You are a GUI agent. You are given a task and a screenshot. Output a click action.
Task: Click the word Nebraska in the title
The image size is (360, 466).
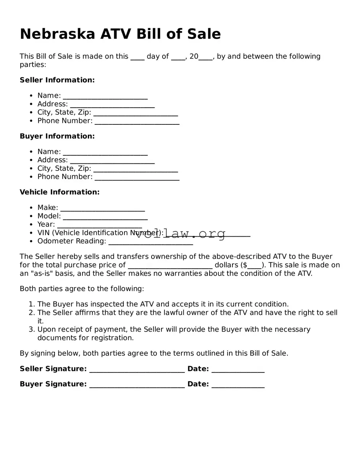coord(58,34)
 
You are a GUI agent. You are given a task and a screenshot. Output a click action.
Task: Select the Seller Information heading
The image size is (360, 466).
coord(57,80)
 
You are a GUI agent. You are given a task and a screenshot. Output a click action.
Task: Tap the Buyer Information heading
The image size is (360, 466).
coord(57,136)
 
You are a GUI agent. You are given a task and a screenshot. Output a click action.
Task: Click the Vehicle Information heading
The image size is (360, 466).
coord(60,192)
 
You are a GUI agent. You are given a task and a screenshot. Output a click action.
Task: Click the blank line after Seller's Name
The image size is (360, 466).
coord(105,96)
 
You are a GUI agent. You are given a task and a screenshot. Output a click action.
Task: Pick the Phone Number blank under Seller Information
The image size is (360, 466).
coord(137,121)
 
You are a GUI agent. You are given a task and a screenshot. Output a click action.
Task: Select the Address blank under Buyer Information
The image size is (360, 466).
coord(112,161)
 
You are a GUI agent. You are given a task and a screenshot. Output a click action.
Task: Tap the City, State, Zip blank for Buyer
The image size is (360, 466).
coord(136,169)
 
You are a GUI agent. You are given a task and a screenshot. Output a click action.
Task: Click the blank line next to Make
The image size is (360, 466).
coord(102,208)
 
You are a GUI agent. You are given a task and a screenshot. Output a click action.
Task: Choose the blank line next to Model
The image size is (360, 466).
coord(105,217)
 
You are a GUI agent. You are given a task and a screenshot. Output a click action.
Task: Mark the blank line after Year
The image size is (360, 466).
coord(99,225)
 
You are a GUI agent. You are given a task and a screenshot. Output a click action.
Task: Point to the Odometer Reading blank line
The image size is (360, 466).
coord(150,242)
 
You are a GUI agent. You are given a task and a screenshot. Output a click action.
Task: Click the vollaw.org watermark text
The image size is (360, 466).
coord(180,234)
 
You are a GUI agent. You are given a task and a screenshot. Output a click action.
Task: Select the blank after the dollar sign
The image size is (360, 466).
coord(254,266)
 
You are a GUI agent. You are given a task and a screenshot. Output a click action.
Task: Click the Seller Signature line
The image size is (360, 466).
coord(137,369)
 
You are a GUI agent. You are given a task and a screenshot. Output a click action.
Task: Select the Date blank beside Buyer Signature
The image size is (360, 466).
coord(238,385)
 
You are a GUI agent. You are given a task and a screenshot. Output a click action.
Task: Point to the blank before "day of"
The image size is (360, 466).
coord(137,57)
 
